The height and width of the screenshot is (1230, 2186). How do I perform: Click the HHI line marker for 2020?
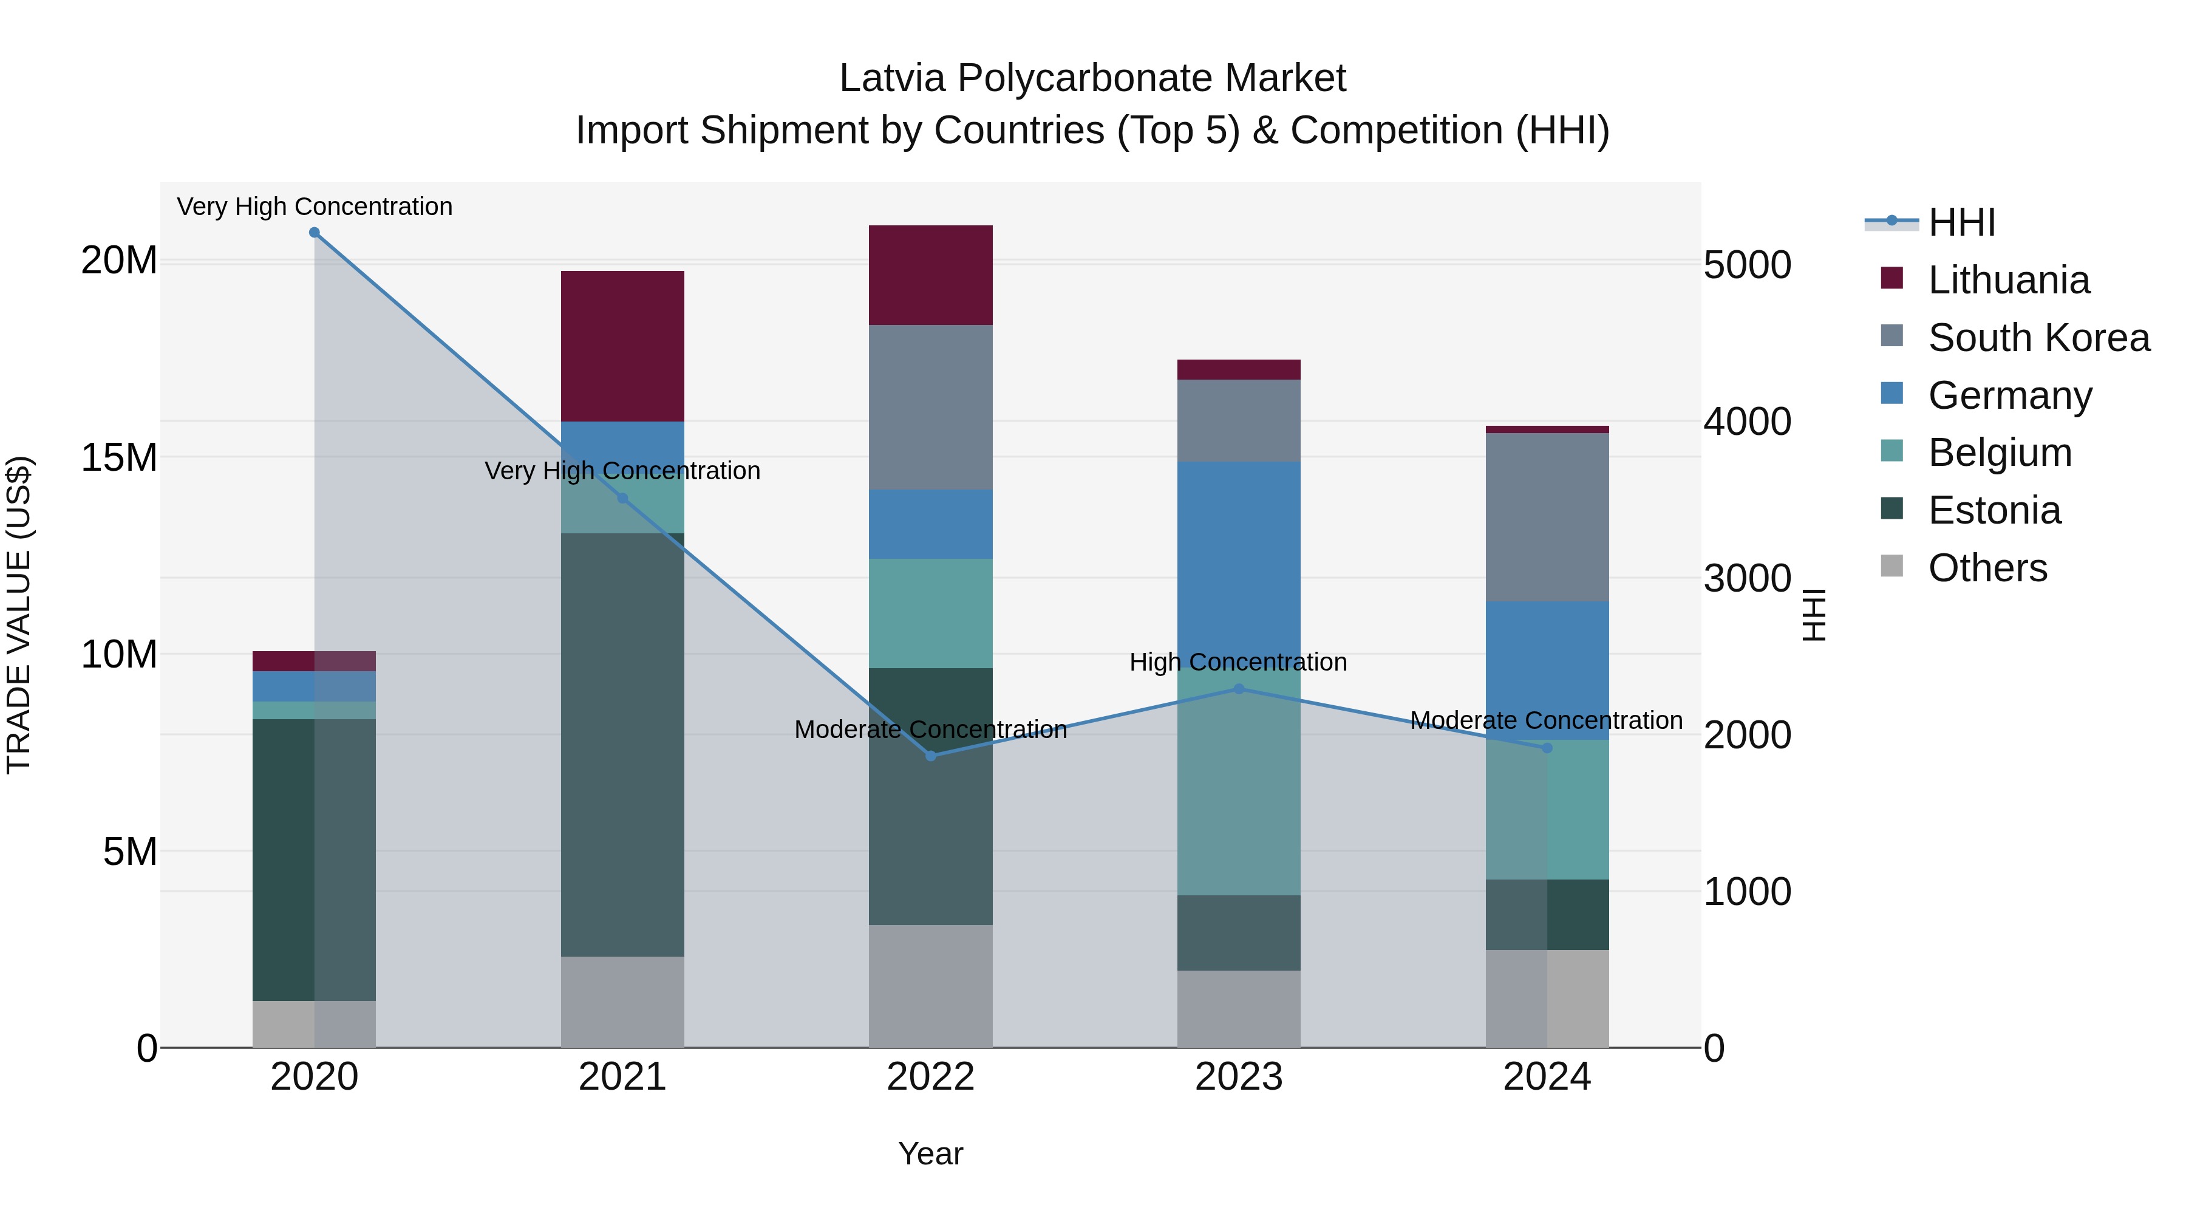(314, 233)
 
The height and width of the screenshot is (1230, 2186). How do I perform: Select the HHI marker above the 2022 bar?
(931, 756)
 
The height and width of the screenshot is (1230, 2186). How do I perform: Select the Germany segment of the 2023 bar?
(1239, 560)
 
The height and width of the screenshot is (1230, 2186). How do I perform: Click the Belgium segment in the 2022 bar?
(931, 613)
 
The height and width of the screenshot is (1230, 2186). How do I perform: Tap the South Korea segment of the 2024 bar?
(1547, 517)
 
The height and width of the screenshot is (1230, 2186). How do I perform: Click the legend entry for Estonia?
(1994, 510)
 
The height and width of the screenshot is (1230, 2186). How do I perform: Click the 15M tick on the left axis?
(119, 457)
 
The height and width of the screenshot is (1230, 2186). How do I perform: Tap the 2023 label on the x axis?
(1239, 1077)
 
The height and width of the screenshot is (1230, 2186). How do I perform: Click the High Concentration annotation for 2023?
(1238, 662)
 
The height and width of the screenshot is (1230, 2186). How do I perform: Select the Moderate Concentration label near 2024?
(1546, 720)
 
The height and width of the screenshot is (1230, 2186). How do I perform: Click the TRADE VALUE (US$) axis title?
(19, 615)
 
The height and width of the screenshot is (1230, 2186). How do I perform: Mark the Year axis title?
(931, 1153)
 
